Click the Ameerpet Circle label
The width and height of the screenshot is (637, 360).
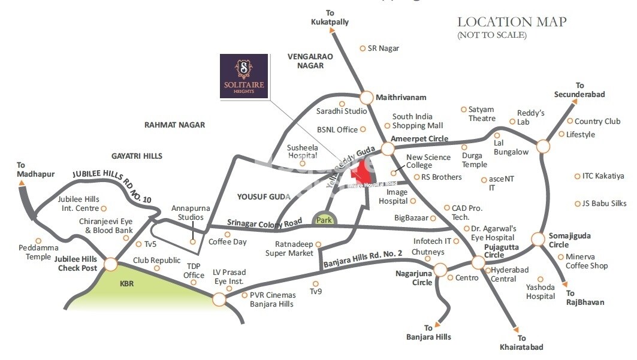[419, 138]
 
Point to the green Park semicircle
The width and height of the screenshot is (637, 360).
[324, 220]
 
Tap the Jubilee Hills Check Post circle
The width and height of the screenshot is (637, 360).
[111, 264]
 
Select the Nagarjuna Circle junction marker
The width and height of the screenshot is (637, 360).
[440, 269]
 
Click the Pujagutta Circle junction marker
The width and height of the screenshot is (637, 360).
[478, 262]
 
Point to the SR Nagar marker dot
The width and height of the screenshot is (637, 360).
[363, 48]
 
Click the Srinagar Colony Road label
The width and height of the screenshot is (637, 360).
[264, 223]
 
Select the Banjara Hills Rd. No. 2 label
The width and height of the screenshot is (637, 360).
[363, 259]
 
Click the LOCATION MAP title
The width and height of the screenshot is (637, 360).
[512, 22]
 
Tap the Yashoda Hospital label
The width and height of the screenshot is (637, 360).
[541, 292]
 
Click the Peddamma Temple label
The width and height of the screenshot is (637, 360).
[38, 252]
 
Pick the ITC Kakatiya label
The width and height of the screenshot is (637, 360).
[603, 176]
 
